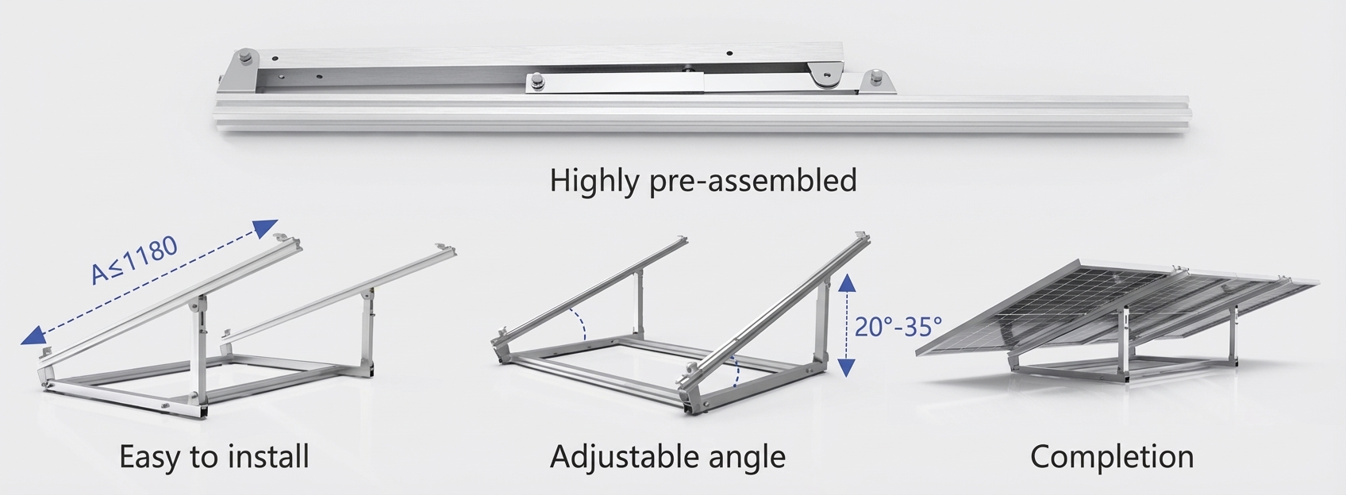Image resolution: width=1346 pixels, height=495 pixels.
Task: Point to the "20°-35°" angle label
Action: click(898, 326)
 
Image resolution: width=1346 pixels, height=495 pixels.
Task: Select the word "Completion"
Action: click(1112, 457)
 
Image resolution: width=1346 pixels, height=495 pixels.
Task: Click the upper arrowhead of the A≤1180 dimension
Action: click(265, 228)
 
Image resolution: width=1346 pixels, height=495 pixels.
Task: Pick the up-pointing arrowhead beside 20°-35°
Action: click(847, 282)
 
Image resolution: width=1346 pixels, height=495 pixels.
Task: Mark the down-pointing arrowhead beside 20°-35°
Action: click(847, 367)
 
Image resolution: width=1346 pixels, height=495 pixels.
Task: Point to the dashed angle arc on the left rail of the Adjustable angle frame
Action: click(579, 324)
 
